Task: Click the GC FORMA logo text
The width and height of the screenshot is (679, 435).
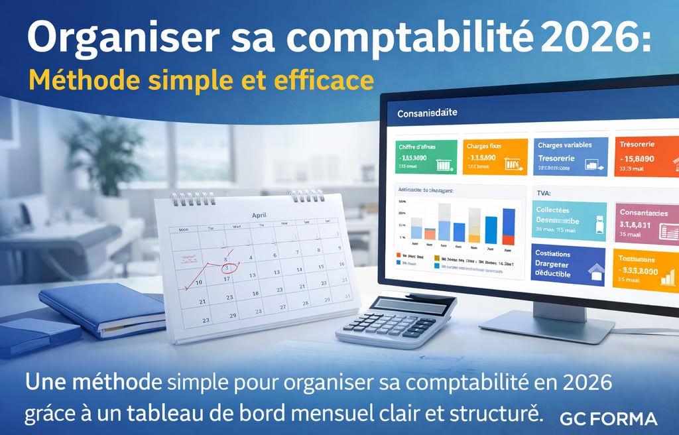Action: point(608,418)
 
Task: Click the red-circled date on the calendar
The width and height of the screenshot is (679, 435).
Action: point(228,269)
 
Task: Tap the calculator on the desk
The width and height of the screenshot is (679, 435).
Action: point(397,320)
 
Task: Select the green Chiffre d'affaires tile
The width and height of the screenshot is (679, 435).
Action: point(426,156)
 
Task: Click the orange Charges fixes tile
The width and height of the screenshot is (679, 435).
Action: point(495,156)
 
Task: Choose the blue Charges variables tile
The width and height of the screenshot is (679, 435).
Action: point(570,156)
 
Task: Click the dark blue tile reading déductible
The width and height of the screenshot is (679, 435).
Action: point(568,264)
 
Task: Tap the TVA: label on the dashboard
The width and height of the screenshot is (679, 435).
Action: point(544,193)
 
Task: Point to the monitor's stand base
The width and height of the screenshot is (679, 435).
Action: point(546,326)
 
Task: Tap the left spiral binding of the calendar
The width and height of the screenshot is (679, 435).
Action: point(192,198)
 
